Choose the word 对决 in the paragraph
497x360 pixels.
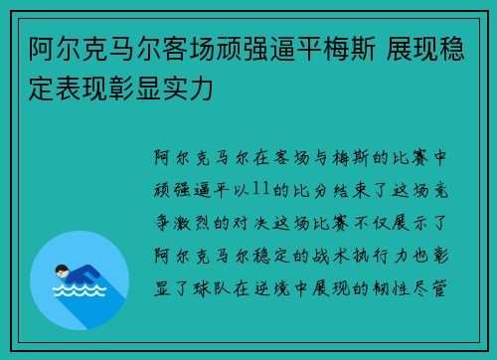251,211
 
